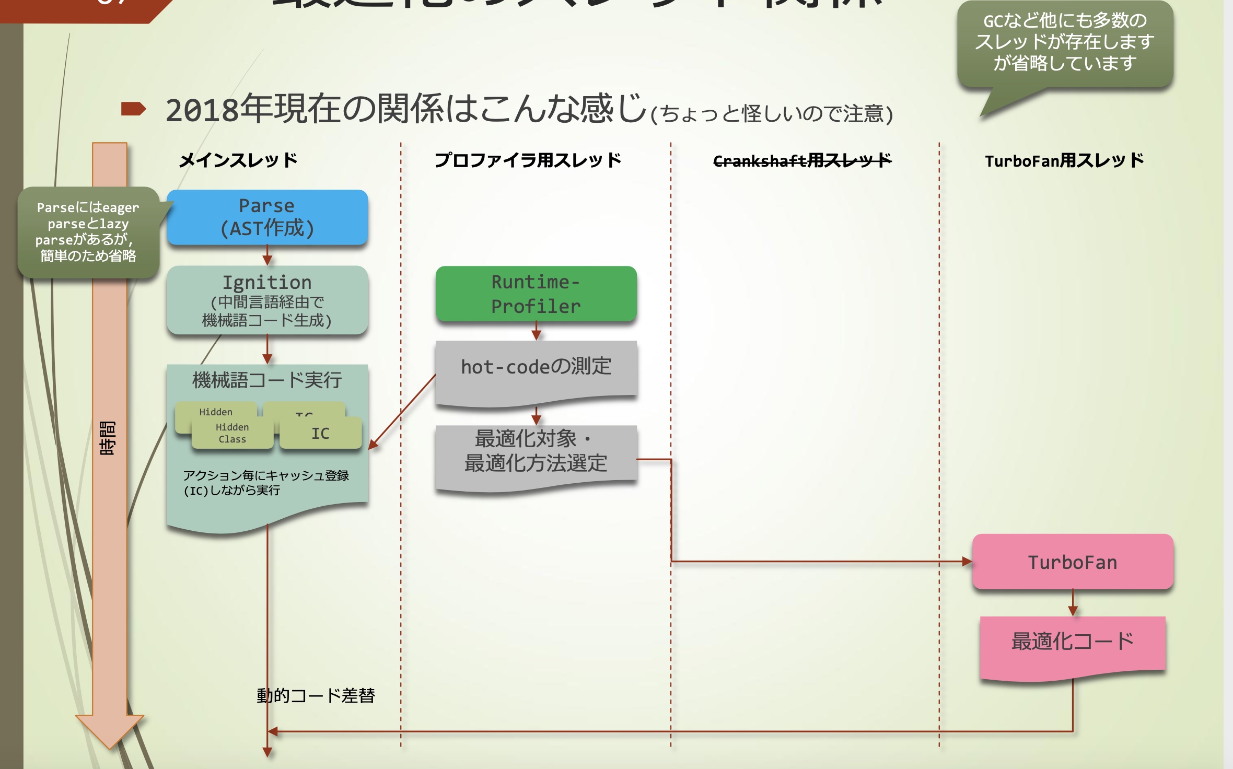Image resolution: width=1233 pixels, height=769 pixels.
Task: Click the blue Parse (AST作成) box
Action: [267, 217]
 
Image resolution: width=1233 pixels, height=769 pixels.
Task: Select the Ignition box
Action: [267, 300]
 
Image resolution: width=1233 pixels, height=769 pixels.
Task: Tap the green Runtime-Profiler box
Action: [536, 294]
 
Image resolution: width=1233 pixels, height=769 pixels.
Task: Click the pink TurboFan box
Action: [1073, 562]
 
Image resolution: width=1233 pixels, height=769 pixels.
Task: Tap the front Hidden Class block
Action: [232, 434]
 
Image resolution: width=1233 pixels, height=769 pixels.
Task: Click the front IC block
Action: [320, 434]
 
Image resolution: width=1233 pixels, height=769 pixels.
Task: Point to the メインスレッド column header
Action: [238, 160]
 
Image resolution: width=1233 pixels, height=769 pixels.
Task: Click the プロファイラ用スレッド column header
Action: [528, 160]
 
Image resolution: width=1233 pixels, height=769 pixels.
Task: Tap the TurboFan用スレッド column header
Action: [1064, 160]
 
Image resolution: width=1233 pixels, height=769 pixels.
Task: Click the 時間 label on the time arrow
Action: [108, 438]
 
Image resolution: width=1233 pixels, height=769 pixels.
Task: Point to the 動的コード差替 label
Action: [316, 695]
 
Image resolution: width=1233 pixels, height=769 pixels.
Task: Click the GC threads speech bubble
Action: [1065, 43]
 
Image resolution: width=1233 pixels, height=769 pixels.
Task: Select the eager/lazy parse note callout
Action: [88, 231]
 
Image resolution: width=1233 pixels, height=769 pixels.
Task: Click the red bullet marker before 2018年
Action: [133, 109]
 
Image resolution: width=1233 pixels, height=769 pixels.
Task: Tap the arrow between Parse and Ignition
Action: [267, 255]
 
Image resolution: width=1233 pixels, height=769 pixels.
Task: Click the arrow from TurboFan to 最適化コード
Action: [1073, 603]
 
